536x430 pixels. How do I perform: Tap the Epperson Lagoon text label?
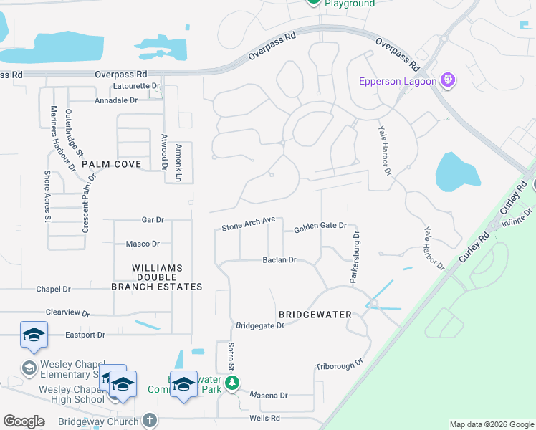pos(398,81)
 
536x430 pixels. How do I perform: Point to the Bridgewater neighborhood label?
pos(315,315)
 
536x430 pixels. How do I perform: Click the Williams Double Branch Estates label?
pos(157,277)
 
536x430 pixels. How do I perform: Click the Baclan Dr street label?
pos(279,260)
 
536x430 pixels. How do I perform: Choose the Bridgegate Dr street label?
pos(260,325)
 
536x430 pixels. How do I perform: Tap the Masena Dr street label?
pos(269,395)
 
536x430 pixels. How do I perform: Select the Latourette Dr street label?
pos(137,86)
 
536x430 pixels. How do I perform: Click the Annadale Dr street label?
pos(116,100)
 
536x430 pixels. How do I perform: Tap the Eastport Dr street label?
pos(85,335)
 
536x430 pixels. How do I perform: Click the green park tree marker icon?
pos(231,384)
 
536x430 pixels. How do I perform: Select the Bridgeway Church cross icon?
pos(149,420)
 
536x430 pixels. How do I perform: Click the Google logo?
pos(24,421)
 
